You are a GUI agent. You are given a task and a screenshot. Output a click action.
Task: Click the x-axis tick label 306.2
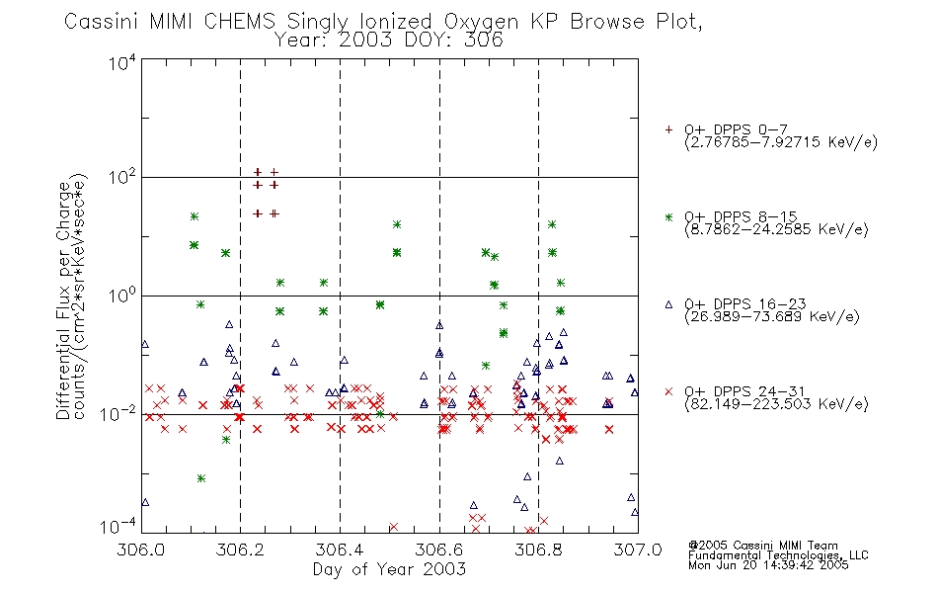coord(241,550)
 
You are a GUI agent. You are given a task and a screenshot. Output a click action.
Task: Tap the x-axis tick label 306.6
coord(439,550)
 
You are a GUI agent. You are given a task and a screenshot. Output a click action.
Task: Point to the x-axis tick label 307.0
coord(638,550)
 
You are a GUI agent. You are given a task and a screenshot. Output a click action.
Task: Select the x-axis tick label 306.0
coord(141,550)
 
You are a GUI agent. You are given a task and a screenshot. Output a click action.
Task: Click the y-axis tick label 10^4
coord(122,63)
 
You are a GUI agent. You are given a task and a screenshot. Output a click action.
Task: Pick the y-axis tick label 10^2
coord(122,178)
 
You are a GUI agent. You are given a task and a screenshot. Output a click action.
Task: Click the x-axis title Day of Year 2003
coord(389,569)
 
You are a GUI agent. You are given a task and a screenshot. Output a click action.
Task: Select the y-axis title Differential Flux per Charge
coord(63,300)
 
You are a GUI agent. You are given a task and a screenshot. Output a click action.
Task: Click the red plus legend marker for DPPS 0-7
coord(668,129)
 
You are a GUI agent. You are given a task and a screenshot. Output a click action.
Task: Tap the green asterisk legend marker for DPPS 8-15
coord(668,216)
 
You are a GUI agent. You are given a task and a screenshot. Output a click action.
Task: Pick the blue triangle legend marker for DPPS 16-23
coord(668,304)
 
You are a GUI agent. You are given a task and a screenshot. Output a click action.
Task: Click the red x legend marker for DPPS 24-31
coord(668,391)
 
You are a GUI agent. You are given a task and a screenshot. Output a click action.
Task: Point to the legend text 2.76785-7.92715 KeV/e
coord(781,142)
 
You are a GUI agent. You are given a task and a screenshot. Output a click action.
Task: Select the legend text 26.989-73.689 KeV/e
coord(772,317)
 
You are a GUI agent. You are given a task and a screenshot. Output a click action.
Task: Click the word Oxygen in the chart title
coord(481,22)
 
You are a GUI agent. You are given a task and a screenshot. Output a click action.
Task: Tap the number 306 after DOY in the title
coord(484,41)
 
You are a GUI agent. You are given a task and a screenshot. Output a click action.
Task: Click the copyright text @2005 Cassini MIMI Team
coord(762,546)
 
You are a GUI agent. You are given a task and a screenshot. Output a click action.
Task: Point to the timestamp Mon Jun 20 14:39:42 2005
coord(768,565)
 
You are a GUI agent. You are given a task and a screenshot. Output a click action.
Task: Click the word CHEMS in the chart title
coord(239,22)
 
